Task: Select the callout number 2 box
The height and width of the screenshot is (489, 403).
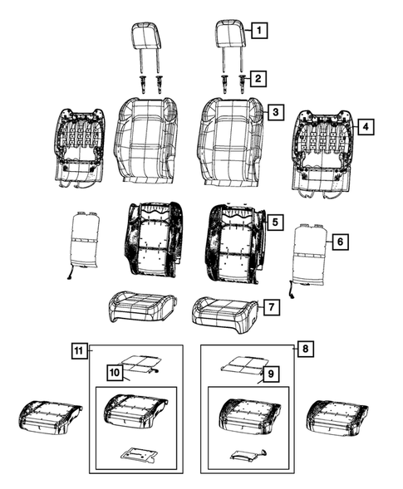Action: tap(260, 79)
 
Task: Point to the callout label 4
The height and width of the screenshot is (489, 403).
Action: tap(364, 126)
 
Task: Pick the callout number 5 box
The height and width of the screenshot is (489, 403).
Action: tap(275, 222)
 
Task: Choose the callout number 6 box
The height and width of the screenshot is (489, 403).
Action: tap(338, 242)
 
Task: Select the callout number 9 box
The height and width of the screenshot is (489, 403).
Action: tap(270, 374)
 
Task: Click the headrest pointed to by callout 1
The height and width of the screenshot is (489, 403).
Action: tap(230, 36)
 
